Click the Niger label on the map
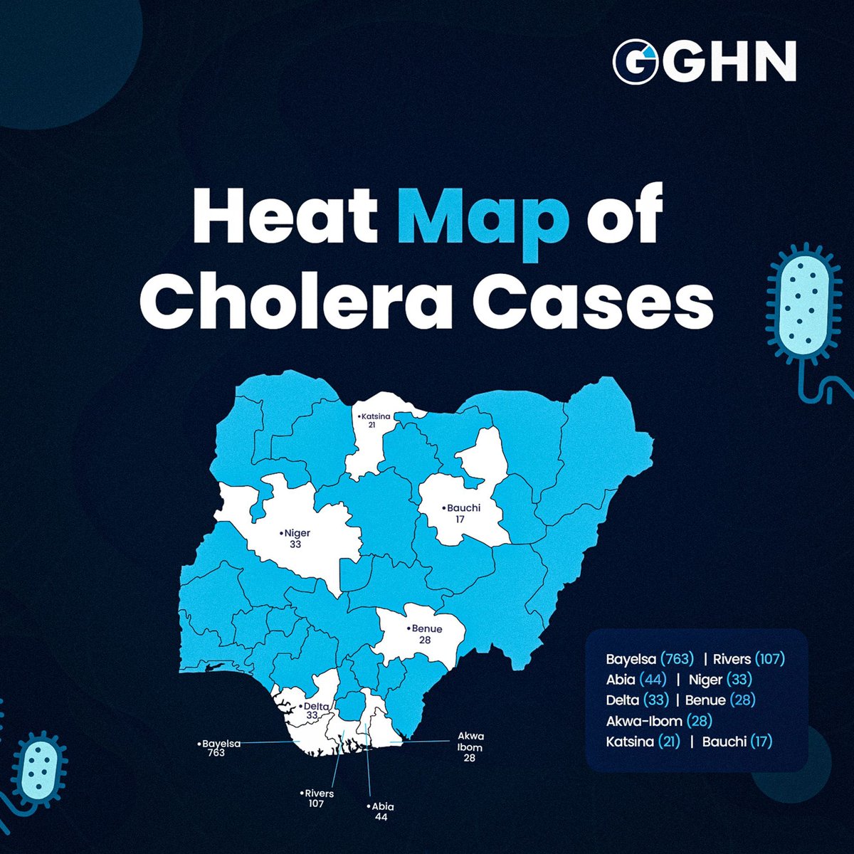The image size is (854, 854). pos(295,538)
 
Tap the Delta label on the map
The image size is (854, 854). pos(313,710)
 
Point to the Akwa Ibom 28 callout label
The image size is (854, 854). pos(469,747)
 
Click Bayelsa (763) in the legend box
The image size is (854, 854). pos(649,659)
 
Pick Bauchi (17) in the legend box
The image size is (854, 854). pos(737,742)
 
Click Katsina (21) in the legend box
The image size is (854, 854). pos(643,742)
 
